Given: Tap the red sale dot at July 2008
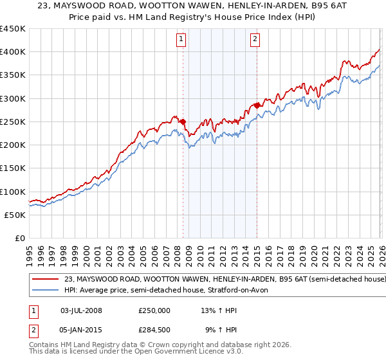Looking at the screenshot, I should (183, 122).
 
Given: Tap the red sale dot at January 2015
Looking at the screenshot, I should (257, 105).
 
